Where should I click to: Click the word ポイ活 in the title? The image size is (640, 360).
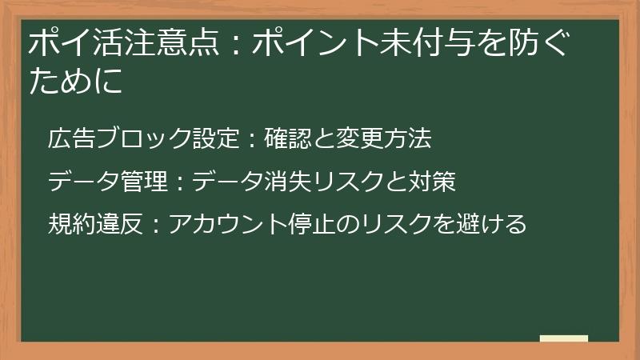tap(65, 41)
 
